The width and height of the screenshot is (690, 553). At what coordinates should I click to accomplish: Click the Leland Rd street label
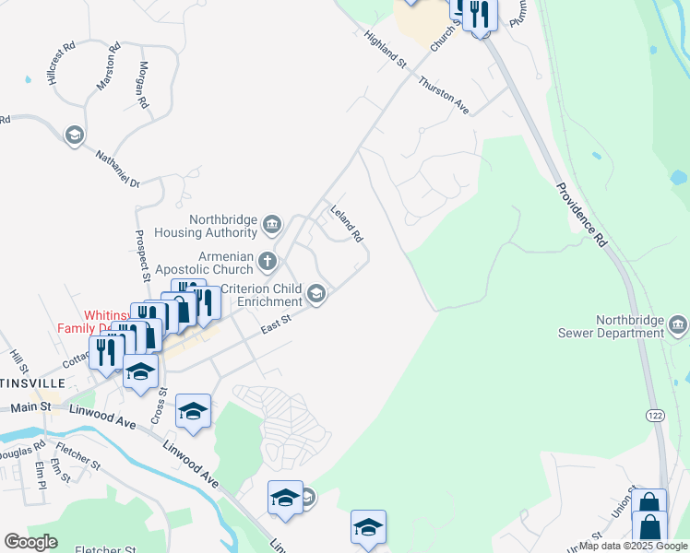[347, 224]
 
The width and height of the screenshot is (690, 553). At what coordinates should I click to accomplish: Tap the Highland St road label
[386, 49]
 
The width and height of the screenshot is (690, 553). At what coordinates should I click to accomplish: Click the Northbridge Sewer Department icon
[677, 324]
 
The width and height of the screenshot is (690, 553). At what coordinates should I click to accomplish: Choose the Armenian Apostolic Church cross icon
[268, 262]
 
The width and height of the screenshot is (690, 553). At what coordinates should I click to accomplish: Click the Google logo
[30, 542]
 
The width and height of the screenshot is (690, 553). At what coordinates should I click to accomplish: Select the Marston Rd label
[108, 66]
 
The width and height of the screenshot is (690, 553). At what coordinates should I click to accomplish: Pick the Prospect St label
[142, 255]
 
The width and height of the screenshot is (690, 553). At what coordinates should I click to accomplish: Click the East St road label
[276, 324]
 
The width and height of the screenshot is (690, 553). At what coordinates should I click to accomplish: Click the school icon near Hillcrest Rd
[74, 136]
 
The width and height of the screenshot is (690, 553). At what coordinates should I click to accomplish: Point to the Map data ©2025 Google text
[632, 546]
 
